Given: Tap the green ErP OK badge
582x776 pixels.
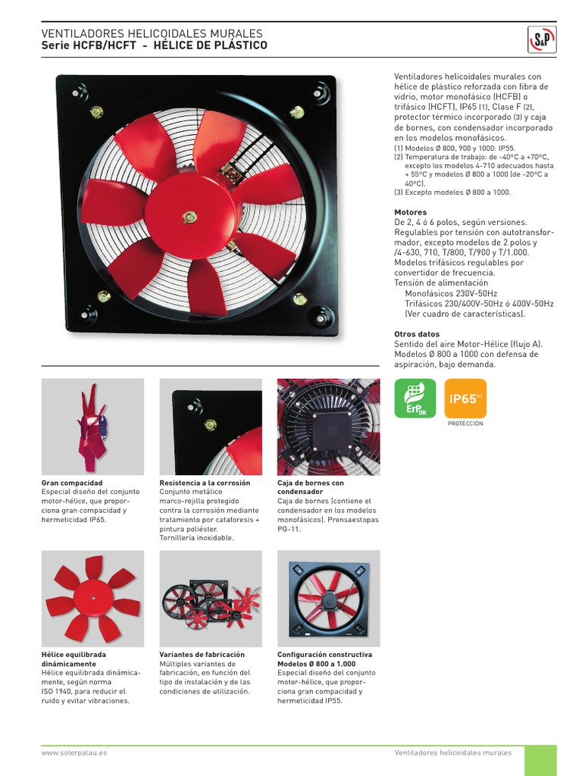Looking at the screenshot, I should [x=415, y=398].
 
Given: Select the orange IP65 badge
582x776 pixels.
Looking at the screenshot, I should [x=465, y=398].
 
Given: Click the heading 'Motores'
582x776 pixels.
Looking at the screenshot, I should [x=410, y=212].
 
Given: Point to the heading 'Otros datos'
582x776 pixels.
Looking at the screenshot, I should [x=417, y=334].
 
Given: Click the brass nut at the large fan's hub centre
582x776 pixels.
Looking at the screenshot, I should [x=189, y=218].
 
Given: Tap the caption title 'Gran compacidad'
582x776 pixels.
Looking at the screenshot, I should [x=72, y=483].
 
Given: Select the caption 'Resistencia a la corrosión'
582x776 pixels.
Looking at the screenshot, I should [x=205, y=483].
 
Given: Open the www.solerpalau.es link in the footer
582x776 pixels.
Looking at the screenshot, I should [x=74, y=753].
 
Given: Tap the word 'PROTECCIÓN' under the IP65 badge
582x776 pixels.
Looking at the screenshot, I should [x=465, y=424].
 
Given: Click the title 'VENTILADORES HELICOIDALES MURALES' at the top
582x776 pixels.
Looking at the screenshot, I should [x=152, y=34].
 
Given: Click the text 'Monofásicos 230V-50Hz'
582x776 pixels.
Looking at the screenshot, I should [x=451, y=293].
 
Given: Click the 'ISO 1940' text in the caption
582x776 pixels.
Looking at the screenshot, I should [x=60, y=692].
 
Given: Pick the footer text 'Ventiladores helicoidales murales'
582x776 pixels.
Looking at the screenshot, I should [x=453, y=753].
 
